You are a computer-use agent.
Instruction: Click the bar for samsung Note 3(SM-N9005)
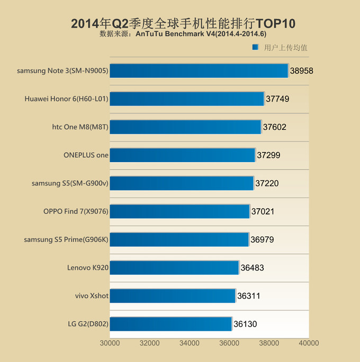click(x=199, y=70)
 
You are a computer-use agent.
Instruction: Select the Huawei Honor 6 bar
click(x=187, y=99)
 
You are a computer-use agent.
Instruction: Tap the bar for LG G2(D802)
click(x=171, y=324)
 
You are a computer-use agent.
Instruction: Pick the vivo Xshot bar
click(x=173, y=296)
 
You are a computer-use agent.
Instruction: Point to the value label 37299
click(x=268, y=155)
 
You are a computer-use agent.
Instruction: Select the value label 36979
click(x=262, y=240)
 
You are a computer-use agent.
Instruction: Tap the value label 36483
click(x=252, y=268)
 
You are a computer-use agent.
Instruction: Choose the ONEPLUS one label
click(x=86, y=155)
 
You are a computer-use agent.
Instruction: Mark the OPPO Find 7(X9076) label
click(x=76, y=211)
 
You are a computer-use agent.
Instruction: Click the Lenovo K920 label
click(x=88, y=268)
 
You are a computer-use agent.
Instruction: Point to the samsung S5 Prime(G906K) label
click(x=66, y=240)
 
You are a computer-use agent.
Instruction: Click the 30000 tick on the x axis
click(x=110, y=343)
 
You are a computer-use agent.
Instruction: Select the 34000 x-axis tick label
click(x=189, y=343)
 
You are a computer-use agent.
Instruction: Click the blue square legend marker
click(x=255, y=47)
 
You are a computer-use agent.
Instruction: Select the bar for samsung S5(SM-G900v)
click(x=182, y=183)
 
